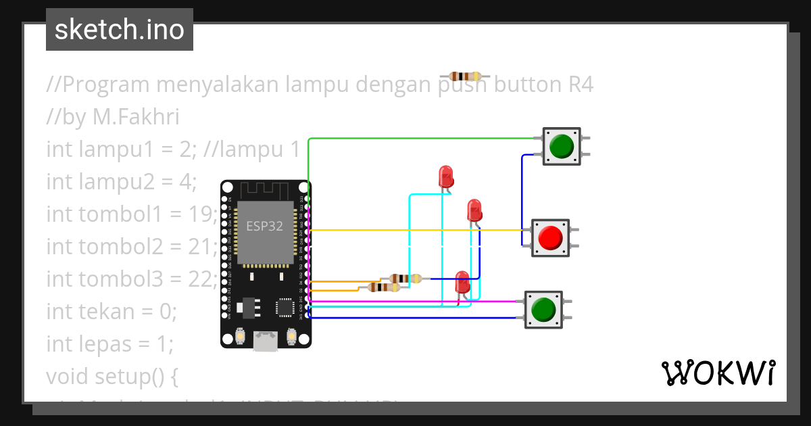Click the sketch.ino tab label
(x=119, y=30)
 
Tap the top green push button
(x=562, y=146)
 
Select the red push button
(x=549, y=237)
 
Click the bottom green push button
(x=543, y=310)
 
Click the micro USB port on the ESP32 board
(x=266, y=341)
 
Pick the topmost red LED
(x=446, y=177)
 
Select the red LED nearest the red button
(x=474, y=210)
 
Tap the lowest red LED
(x=462, y=282)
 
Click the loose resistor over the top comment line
(x=464, y=77)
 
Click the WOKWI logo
(x=717, y=373)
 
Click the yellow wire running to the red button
(x=419, y=230)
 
